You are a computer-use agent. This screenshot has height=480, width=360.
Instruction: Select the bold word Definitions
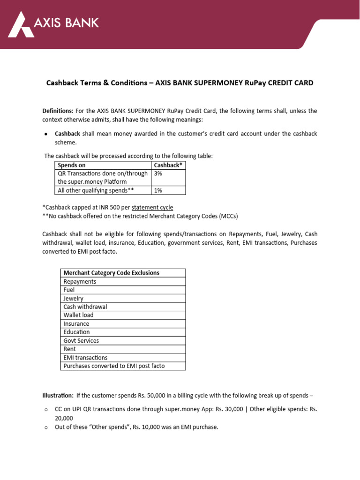(58, 111)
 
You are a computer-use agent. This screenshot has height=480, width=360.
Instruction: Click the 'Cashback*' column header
(168, 165)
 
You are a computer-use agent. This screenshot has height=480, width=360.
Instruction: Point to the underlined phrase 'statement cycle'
(152, 207)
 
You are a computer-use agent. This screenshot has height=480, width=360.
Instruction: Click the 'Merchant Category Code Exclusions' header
(111, 273)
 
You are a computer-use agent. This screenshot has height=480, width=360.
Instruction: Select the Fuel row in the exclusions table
(69, 290)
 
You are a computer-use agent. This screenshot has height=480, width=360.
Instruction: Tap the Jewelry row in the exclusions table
(73, 299)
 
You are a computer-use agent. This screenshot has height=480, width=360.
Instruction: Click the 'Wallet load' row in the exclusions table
(78, 315)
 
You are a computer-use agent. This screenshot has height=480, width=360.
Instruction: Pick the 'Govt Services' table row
(81, 341)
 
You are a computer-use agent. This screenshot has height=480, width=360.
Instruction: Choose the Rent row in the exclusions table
(69, 349)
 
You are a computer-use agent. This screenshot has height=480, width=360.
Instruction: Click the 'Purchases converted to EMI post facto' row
(114, 366)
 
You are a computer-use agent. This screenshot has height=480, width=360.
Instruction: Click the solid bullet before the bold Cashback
(46, 134)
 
